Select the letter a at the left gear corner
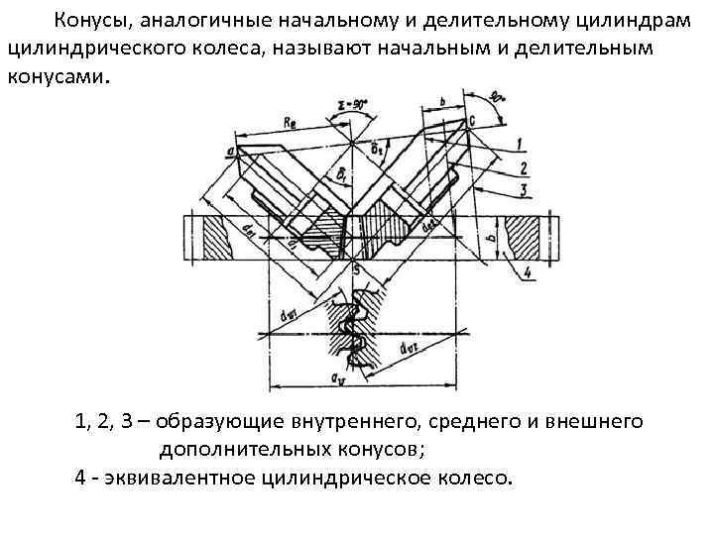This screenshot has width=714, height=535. coord(230,151)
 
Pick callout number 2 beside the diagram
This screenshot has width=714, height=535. coord(522,167)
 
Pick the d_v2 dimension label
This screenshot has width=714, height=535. coord(407,349)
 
